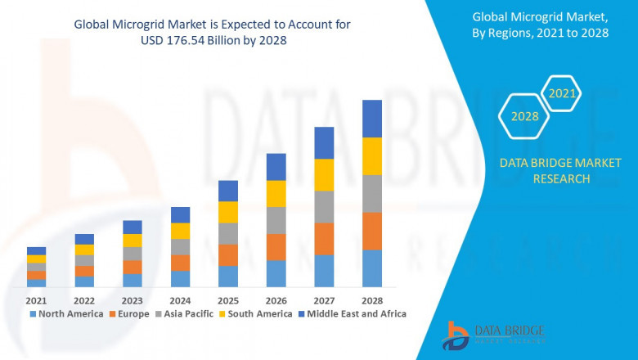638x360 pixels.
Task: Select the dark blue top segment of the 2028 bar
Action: [372, 119]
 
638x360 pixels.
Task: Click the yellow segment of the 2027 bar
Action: [324, 175]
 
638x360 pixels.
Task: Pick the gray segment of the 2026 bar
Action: [276, 220]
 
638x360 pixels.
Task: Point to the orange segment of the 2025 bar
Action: [228, 255]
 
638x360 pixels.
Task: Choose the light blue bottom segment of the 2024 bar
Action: [180, 279]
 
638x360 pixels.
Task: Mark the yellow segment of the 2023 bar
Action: [133, 241]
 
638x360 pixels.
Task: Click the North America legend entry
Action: [66, 313]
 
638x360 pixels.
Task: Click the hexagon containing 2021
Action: [562, 94]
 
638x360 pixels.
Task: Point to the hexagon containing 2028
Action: [524, 116]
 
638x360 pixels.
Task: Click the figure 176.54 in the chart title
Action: [215, 40]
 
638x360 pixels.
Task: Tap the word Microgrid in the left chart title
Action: [142, 25]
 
